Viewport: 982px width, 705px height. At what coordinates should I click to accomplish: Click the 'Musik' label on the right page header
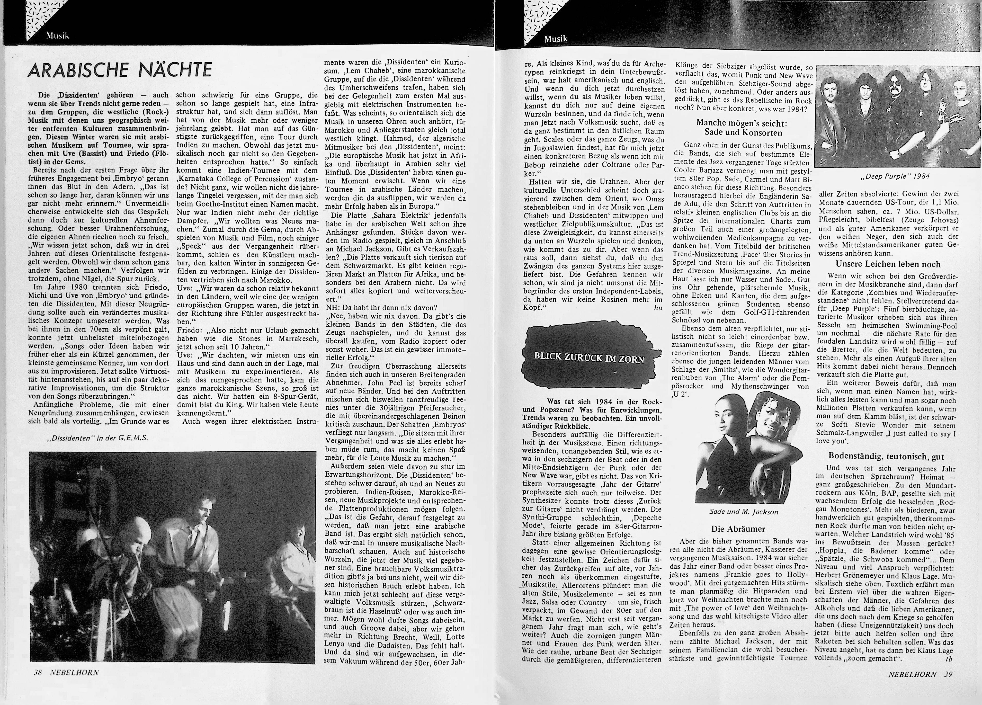(556, 39)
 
